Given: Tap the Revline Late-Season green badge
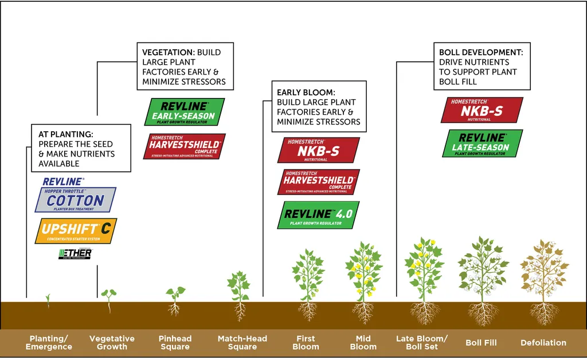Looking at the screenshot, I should [x=483, y=143].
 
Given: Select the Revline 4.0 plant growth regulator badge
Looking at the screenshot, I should [x=319, y=215].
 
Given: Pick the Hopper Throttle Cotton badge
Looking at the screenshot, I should [x=75, y=199].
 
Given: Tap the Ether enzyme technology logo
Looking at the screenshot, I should [x=75, y=253].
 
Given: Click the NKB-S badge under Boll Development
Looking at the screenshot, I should [x=482, y=109].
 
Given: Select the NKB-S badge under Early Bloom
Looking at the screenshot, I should [x=318, y=150].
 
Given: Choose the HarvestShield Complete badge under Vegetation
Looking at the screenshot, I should [x=184, y=146].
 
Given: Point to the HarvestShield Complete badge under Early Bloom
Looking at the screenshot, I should [x=319, y=182].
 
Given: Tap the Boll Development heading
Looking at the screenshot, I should [x=481, y=52].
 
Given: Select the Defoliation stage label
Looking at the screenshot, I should [x=543, y=343].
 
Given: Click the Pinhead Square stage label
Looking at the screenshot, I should [x=175, y=343].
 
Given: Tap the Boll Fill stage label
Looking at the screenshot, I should [x=481, y=343].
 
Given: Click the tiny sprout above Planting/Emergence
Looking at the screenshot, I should [x=48, y=299].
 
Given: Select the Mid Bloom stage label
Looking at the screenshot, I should [x=363, y=343].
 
